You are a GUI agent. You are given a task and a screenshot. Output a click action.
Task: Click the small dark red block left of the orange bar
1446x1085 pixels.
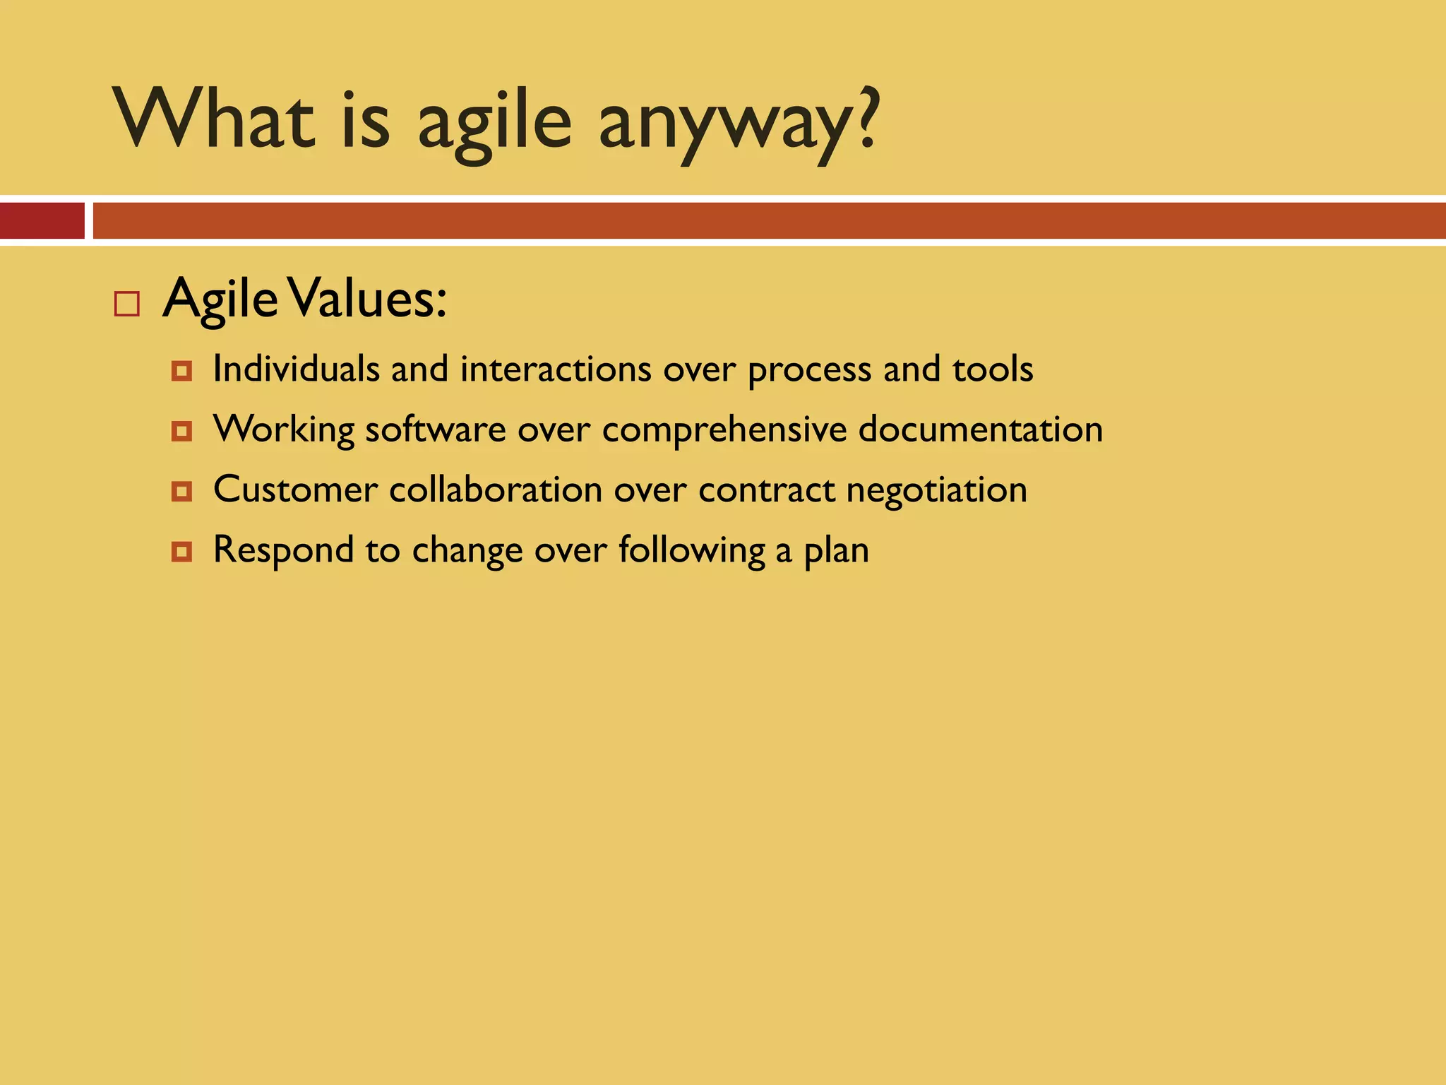click(x=42, y=220)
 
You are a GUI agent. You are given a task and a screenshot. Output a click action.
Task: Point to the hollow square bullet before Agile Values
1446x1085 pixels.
click(x=127, y=304)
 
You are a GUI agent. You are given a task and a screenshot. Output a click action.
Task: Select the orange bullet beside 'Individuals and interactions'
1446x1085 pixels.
click(x=181, y=371)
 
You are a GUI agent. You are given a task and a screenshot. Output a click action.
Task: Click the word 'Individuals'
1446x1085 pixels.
click(x=296, y=369)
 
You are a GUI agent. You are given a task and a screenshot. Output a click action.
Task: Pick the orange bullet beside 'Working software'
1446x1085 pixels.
click(x=181, y=431)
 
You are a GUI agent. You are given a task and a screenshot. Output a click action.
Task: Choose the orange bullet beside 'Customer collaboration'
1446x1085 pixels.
click(x=181, y=491)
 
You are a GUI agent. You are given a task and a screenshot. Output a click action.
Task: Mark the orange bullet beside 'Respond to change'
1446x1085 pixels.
click(x=181, y=551)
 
